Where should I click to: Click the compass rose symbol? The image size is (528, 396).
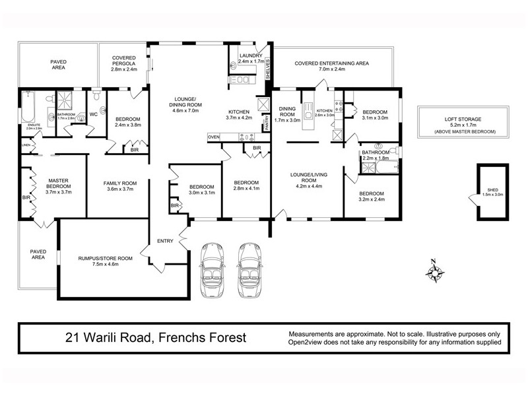point(434,270)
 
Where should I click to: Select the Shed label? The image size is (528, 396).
point(491,191)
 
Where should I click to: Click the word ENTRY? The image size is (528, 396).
point(164,241)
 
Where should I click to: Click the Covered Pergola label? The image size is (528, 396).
point(123,63)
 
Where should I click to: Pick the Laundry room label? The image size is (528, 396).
point(251,59)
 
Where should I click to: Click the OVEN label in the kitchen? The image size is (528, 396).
point(213,137)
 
